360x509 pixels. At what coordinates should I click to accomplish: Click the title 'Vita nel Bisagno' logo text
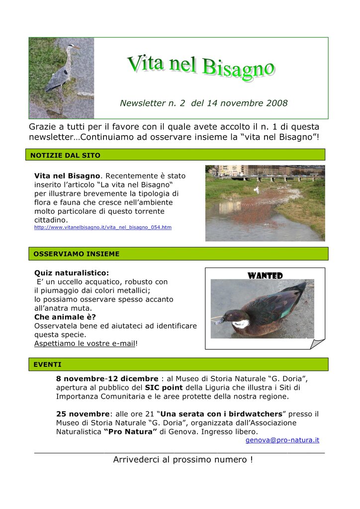coord(200,67)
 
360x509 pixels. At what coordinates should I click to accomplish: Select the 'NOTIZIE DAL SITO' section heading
coord(65,156)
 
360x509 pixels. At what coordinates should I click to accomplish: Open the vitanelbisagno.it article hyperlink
coord(102,227)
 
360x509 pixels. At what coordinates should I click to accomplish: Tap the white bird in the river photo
coord(257,190)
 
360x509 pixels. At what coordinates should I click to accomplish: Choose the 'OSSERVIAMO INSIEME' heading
coord(76,254)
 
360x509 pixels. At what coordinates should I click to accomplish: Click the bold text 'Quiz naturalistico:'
coord(71,273)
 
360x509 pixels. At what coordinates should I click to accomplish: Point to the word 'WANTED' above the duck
coord(265,276)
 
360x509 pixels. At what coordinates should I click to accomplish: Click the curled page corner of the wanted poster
coord(317,343)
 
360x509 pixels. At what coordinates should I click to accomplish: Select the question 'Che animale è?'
coord(65,317)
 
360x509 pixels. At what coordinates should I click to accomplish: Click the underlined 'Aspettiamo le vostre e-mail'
coord(85,344)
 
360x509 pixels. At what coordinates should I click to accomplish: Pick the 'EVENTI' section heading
coord(47,364)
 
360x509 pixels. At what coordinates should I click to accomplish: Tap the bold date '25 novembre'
coord(83,414)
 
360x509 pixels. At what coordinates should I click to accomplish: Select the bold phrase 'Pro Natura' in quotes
coord(130,432)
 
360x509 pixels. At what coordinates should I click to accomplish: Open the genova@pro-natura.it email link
coord(282,440)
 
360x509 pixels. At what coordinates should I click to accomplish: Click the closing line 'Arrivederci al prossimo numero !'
coord(182,460)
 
